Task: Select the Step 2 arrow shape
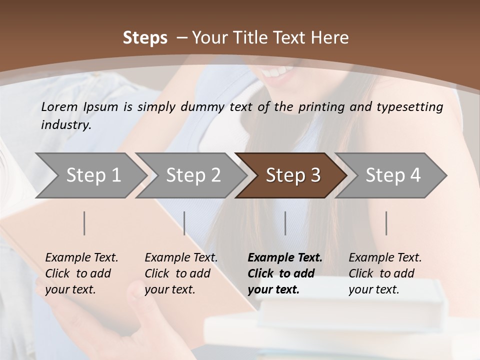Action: (192, 175)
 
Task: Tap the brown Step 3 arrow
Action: (292, 175)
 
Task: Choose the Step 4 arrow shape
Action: (392, 175)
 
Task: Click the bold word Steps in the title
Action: (145, 37)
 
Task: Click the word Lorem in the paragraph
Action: (59, 106)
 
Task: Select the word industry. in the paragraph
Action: (66, 124)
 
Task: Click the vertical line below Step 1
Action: (84, 223)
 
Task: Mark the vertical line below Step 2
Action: (184, 223)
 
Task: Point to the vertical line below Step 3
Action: (285, 223)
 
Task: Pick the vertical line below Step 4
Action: (386, 223)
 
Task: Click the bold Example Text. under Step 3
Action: (285, 257)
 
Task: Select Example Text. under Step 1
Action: (81, 257)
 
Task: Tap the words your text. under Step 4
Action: (373, 289)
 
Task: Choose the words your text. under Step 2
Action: (169, 289)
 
